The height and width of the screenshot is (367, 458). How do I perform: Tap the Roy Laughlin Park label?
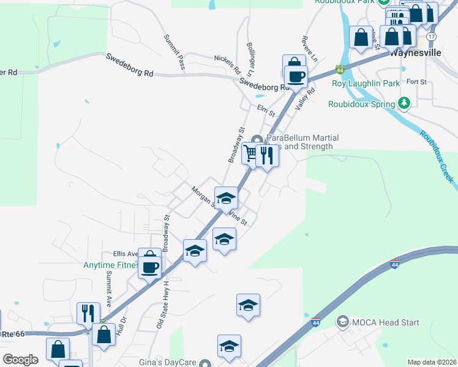[366, 83]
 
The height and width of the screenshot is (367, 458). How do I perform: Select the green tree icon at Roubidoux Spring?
[404, 103]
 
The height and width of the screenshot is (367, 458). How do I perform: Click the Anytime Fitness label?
[111, 265]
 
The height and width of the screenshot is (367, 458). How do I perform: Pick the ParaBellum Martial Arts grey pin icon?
[258, 139]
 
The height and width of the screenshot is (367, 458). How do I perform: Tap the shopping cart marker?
[250, 153]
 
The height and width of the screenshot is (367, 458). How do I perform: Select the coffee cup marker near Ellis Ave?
[150, 267]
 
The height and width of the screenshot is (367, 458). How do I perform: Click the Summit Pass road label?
[174, 52]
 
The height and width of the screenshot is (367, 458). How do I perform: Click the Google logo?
[20, 360]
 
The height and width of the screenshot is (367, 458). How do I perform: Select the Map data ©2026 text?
[432, 362]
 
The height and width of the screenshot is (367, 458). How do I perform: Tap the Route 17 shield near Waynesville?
[432, 37]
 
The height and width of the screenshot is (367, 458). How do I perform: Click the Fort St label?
[416, 81]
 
